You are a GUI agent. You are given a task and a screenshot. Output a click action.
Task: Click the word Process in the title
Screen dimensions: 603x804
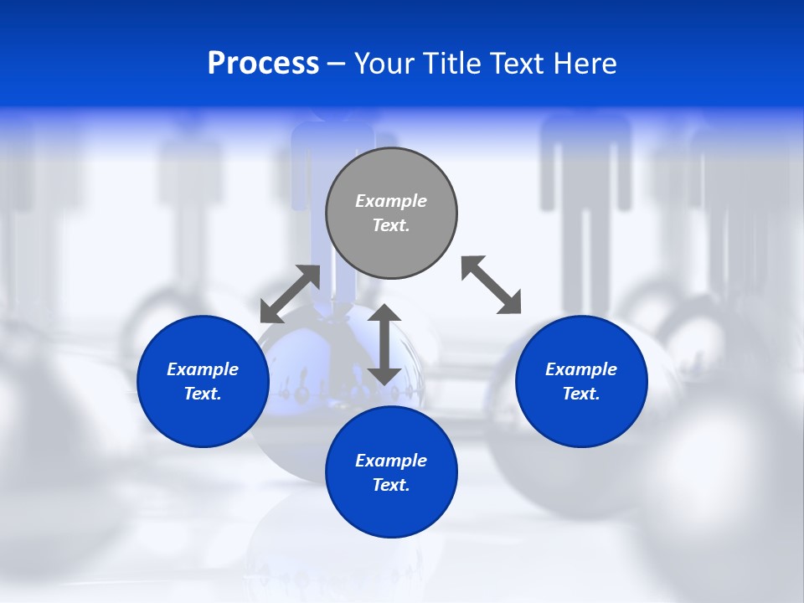pos(263,64)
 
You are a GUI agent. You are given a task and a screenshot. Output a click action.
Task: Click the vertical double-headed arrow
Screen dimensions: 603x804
pos(384,344)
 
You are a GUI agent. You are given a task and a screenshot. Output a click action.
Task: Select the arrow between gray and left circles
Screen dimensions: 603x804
pos(290,294)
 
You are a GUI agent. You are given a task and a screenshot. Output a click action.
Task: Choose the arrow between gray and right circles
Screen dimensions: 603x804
pos(491,285)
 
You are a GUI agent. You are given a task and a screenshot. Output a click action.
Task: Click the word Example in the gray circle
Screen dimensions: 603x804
pos(391,201)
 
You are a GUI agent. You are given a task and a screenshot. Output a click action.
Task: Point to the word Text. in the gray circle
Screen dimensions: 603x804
pos(391,225)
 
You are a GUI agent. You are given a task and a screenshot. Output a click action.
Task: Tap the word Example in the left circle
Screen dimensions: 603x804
pos(203,369)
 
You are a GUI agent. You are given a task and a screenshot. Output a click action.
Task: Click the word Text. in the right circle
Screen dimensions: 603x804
pos(581,394)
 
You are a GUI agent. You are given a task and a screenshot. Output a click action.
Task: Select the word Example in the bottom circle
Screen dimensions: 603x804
pos(391,461)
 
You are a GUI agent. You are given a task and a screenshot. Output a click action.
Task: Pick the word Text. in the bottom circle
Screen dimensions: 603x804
pos(391,485)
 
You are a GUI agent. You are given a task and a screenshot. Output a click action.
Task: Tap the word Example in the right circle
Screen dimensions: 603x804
pos(581,369)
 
